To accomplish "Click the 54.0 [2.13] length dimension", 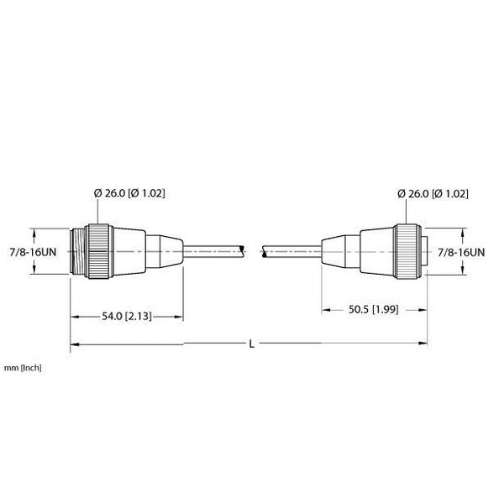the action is tap(127, 317).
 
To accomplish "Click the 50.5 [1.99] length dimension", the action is tap(374, 309).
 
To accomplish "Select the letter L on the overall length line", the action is tap(252, 344).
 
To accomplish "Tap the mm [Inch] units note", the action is tap(23, 368).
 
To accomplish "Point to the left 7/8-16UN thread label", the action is tap(33, 252).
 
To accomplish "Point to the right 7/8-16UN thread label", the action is tap(461, 252).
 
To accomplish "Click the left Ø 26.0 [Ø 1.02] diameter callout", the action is tap(129, 193).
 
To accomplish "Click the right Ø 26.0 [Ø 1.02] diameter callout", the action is tap(433, 193).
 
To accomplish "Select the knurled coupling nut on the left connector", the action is tap(99, 251).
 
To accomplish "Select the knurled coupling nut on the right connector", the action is tap(407, 251).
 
